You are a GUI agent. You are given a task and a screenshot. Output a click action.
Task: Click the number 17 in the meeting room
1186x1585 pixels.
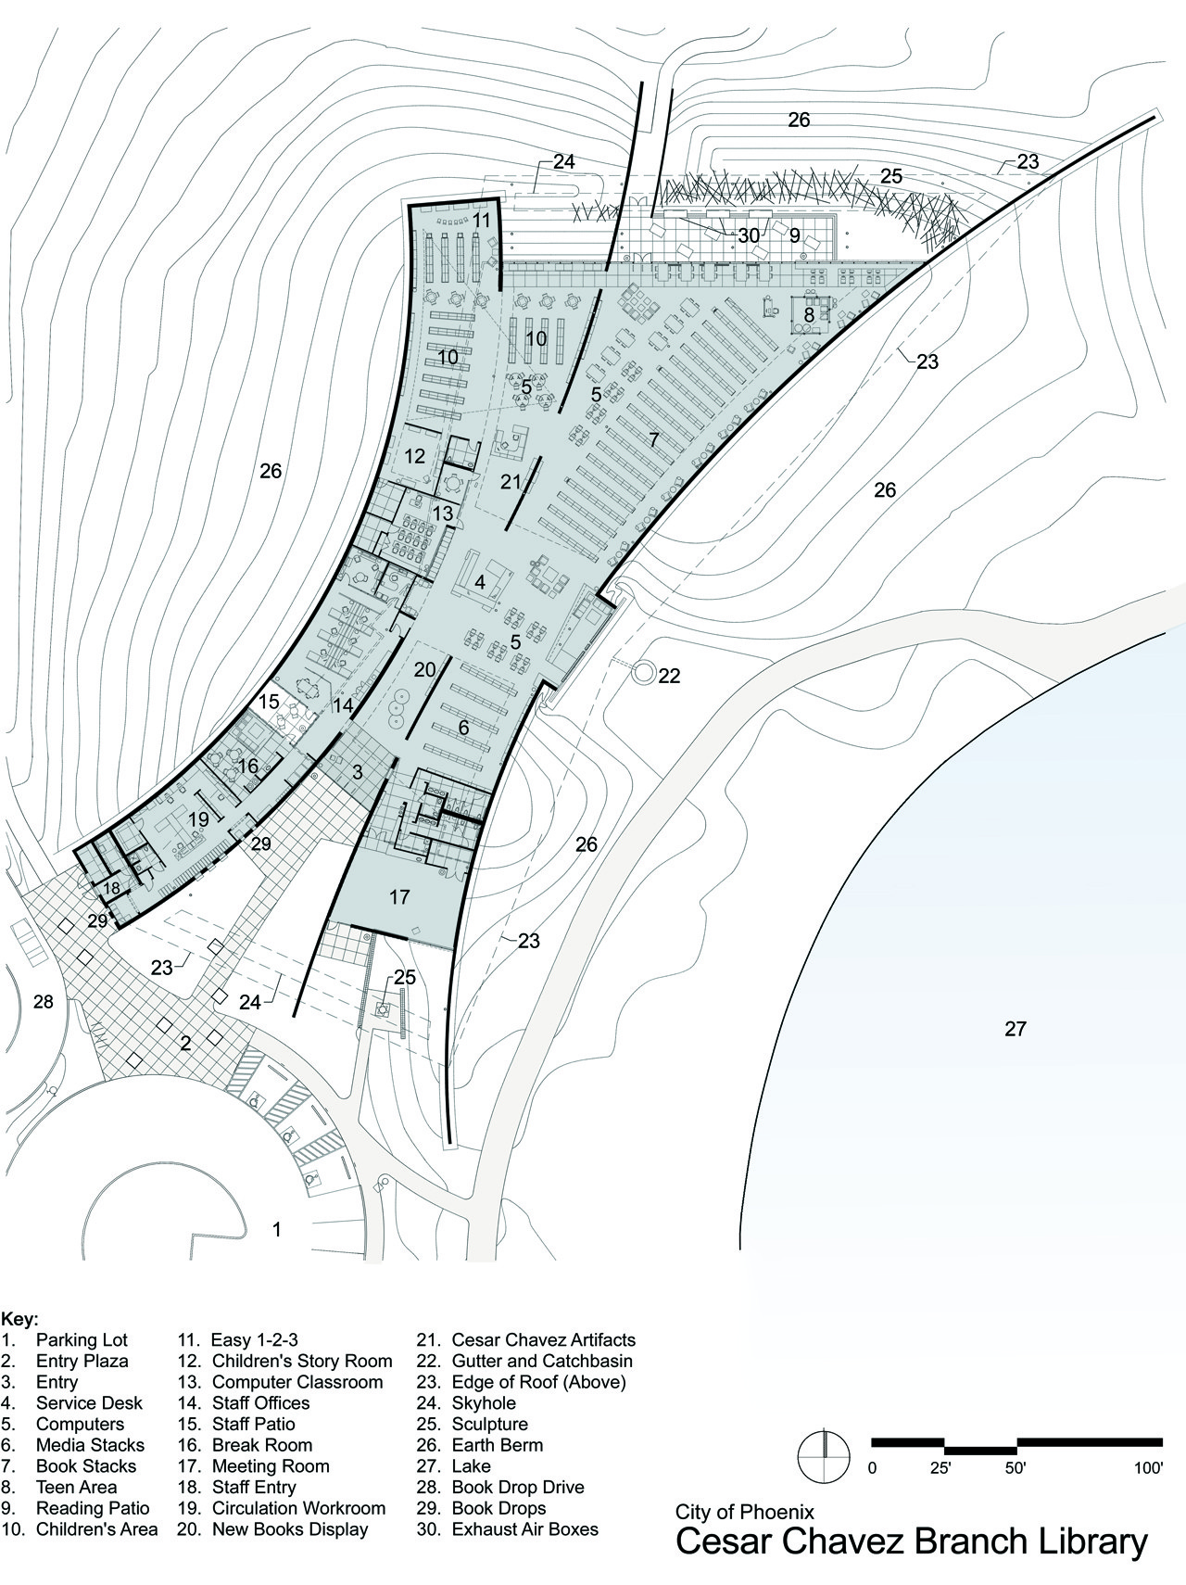(399, 897)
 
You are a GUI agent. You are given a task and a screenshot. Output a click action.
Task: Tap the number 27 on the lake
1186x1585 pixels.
(1016, 1029)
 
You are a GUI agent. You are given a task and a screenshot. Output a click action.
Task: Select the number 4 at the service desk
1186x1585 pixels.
(480, 582)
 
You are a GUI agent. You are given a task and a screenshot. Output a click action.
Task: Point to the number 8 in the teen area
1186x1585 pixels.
(809, 315)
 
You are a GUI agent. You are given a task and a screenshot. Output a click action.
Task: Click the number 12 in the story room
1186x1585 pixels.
(414, 456)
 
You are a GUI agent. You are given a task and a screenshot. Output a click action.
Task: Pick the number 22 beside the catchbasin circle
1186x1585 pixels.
(669, 676)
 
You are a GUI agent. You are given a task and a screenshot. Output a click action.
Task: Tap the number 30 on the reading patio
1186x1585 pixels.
(749, 235)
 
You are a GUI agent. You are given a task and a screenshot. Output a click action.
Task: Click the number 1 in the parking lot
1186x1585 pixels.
(276, 1230)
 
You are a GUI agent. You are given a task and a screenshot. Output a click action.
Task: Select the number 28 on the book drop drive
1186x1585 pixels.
(43, 1001)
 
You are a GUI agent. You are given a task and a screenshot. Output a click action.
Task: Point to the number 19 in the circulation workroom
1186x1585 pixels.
(198, 819)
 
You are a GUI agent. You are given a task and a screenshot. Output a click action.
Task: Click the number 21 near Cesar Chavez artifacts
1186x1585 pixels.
(511, 481)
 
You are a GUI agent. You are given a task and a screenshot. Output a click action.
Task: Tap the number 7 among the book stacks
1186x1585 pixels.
(654, 439)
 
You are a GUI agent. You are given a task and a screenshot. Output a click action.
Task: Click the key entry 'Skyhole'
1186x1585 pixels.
(484, 1403)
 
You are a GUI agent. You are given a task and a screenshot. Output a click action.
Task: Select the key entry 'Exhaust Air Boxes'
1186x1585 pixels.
(524, 1529)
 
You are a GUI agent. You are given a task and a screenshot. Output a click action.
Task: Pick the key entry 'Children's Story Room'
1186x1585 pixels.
(302, 1362)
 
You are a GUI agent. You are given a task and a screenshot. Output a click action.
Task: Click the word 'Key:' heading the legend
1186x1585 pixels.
(19, 1319)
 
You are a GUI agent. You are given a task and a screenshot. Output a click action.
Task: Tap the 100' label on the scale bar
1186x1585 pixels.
(1148, 1468)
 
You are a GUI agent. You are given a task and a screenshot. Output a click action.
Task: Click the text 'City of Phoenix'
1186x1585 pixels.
(745, 1513)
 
